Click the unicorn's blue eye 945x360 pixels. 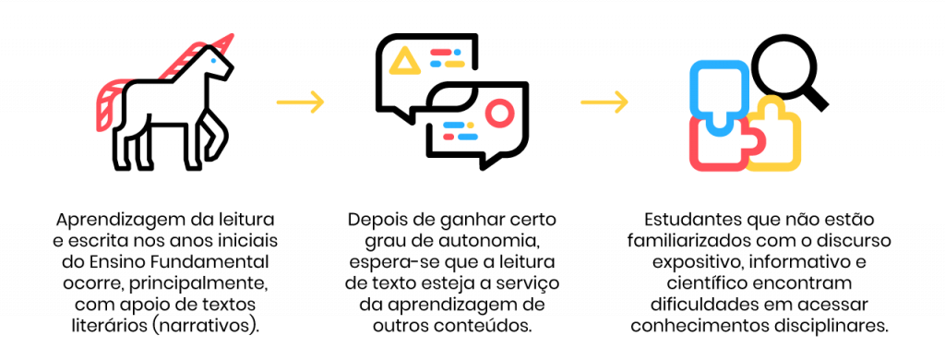pos(213,60)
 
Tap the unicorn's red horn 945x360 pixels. pos(223,44)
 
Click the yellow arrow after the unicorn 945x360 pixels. pos(301,102)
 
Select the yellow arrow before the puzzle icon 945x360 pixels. pos(604,102)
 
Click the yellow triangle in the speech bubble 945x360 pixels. pos(404,62)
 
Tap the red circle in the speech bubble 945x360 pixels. pos(499,113)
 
